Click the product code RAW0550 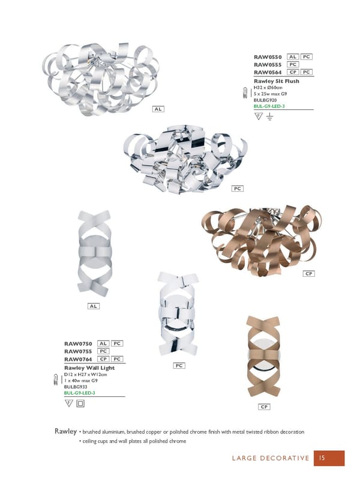pyautogui.click(x=268, y=57)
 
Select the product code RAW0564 pyautogui.click(x=268, y=72)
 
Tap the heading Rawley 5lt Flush pyautogui.click(x=276, y=81)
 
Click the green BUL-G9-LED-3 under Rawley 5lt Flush pyautogui.click(x=269, y=106)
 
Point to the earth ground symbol pyautogui.click(x=269, y=117)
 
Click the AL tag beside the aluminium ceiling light pyautogui.click(x=158, y=109)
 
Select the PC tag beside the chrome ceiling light pyautogui.click(x=238, y=189)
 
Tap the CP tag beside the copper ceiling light pyautogui.click(x=308, y=274)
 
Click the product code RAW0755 pyautogui.click(x=78, y=351)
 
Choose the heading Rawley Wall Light pyautogui.click(x=89, y=368)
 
